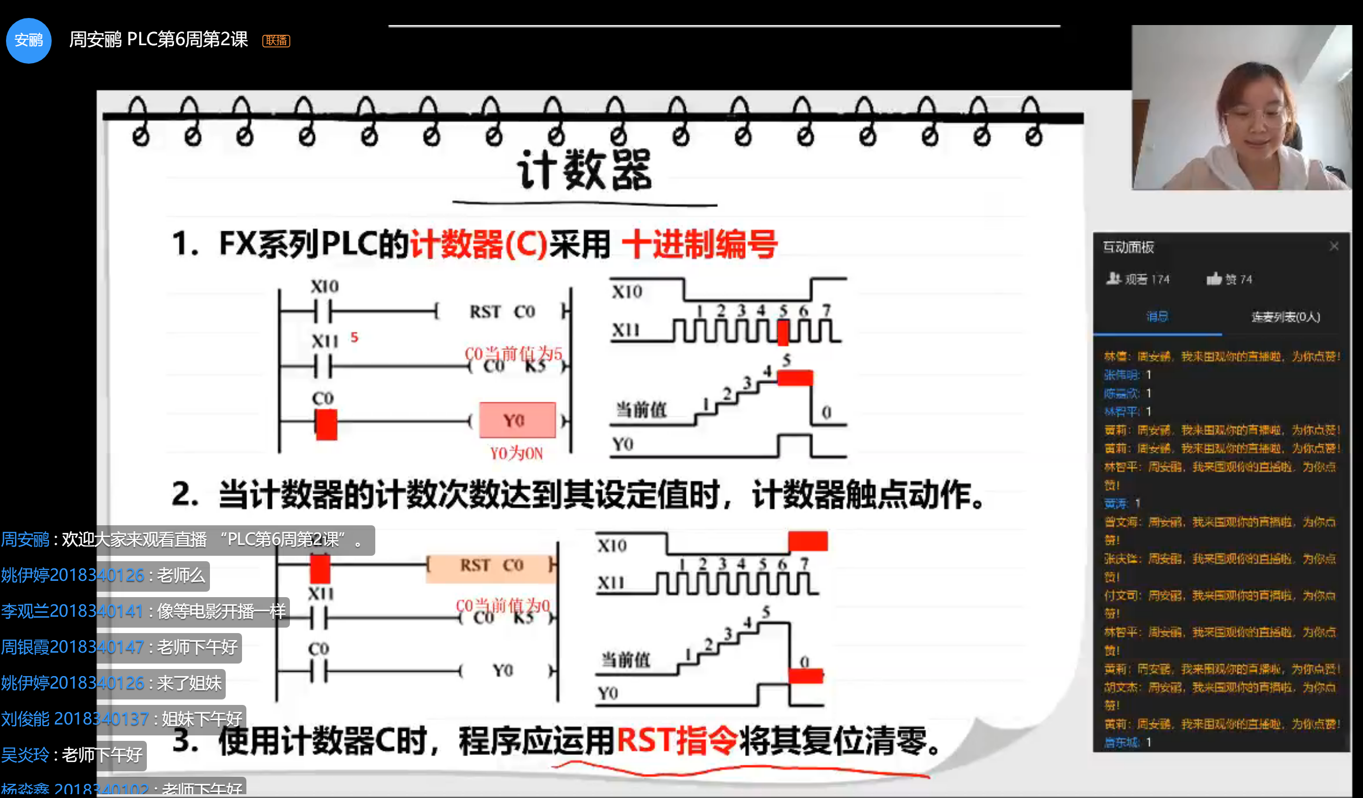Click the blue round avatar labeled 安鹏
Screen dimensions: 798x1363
pos(28,40)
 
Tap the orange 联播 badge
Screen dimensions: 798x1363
pos(276,41)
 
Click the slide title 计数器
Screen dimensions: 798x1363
pos(585,170)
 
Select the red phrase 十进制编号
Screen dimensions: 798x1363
pos(699,244)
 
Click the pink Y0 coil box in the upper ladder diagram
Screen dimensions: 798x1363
pos(517,420)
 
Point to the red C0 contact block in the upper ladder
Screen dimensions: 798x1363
pos(326,425)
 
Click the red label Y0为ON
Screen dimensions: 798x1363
pos(516,453)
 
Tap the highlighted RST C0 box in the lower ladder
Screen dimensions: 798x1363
pos(491,566)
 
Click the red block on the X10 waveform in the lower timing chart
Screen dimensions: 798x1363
pos(808,542)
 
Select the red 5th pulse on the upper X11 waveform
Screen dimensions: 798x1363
pos(783,333)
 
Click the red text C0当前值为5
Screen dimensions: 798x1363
pos(513,354)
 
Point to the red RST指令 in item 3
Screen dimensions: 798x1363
pos(677,741)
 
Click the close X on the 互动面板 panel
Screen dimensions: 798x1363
pos(1334,247)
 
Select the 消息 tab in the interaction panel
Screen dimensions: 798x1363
pos(1157,317)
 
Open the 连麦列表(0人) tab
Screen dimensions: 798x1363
pos(1285,317)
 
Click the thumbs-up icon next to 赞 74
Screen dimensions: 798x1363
pos(1213,279)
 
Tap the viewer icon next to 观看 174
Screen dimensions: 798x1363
pos(1113,279)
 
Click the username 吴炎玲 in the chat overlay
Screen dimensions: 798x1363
pos(25,755)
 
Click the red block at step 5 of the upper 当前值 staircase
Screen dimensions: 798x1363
pos(795,378)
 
